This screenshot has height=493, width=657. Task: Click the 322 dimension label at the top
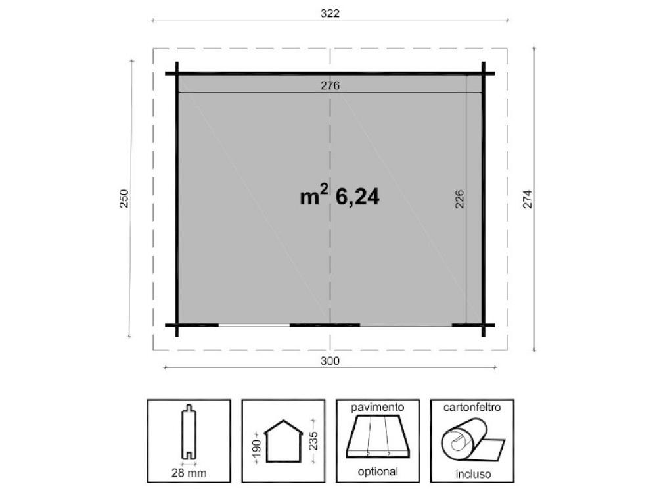(330, 13)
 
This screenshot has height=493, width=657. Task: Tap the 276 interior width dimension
(330, 85)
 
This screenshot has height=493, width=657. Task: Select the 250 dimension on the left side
(124, 199)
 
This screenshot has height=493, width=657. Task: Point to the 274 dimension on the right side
(527, 199)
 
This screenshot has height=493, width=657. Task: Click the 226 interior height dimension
(459, 199)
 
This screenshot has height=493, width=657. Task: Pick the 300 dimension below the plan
(330, 360)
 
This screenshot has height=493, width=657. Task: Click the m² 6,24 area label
(340, 195)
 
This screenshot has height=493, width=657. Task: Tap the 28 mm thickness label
(189, 473)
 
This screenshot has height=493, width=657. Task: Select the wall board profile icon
(189, 432)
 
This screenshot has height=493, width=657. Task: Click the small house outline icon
(283, 441)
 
